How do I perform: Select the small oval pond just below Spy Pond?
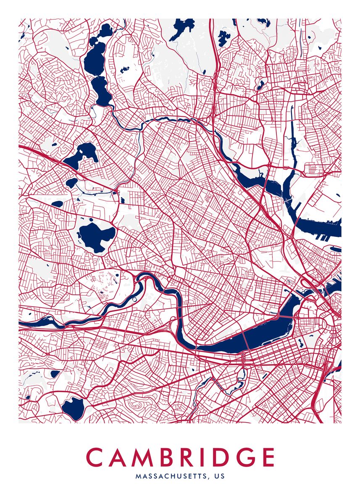72,183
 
